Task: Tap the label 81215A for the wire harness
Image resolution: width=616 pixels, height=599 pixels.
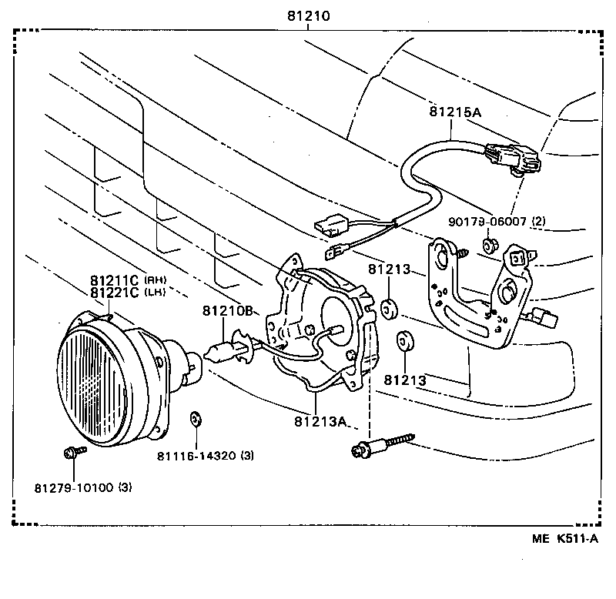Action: [454, 112]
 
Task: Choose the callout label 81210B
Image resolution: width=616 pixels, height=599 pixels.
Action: [228, 311]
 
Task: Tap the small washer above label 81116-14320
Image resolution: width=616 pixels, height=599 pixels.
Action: [195, 420]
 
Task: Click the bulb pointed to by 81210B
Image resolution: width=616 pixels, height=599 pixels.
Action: [220, 353]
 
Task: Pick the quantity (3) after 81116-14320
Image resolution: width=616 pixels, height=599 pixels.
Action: [246, 456]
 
